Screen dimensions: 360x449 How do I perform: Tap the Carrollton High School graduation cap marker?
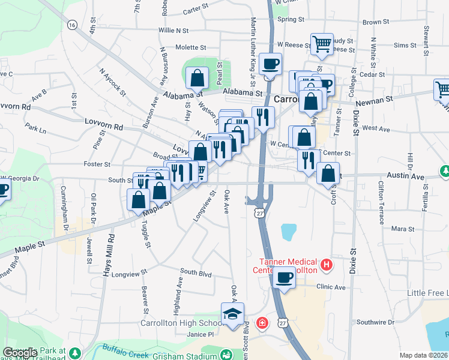[x=232, y=313]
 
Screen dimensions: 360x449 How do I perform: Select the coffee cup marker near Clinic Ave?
[x=284, y=278]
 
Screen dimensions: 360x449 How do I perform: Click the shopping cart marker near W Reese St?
[x=322, y=43]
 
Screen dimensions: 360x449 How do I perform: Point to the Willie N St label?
[x=173, y=30]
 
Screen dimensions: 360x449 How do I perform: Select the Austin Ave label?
[x=409, y=176]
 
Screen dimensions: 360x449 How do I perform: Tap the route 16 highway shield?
[x=73, y=25]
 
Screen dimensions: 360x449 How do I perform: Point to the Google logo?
[x=20, y=352]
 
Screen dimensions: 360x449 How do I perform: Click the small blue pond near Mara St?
[x=289, y=232]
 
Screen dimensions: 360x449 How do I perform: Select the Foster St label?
[x=97, y=164]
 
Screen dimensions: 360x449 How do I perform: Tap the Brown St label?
[x=376, y=22]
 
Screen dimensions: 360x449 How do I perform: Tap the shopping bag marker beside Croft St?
[x=328, y=173]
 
